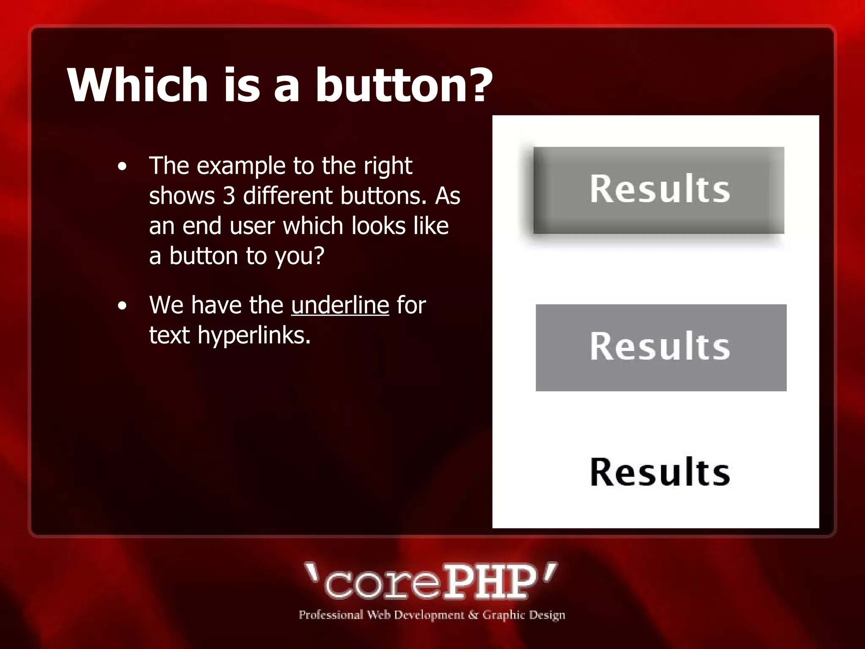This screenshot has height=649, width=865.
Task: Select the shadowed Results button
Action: tap(659, 190)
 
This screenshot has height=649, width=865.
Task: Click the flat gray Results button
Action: tap(661, 347)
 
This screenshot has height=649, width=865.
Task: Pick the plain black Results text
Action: tap(660, 472)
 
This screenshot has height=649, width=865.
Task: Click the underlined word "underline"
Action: tap(340, 305)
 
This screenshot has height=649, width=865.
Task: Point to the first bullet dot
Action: tap(122, 166)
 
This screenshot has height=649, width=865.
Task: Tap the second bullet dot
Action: tap(122, 306)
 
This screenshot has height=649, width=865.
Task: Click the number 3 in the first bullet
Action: tap(228, 196)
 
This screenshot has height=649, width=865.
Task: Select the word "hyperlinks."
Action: tap(254, 335)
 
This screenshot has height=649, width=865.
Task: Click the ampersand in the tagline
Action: tap(473, 615)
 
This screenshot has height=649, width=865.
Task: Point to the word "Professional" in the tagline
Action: tap(331, 615)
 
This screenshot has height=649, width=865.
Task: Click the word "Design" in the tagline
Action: tap(547, 615)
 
